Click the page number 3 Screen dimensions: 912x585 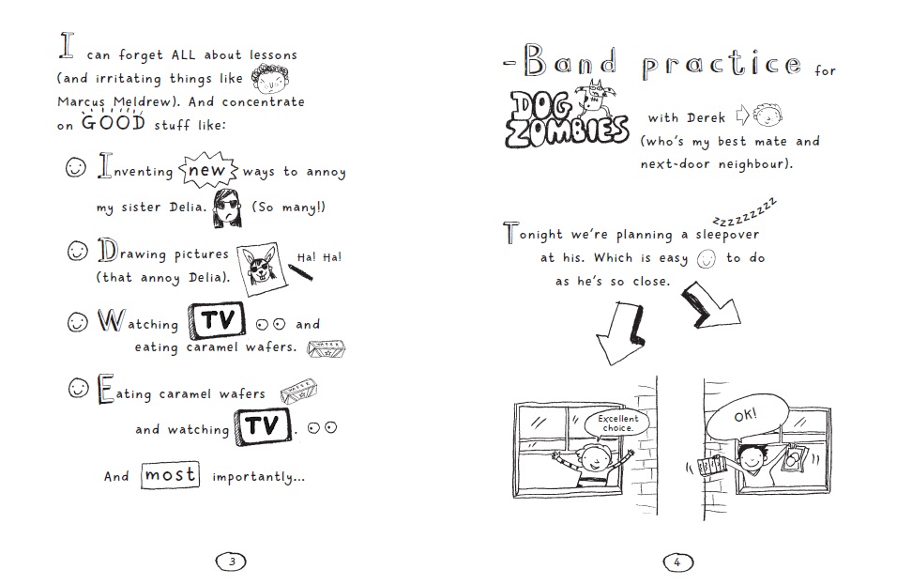pos(231,562)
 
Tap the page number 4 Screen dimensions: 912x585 pos(677,562)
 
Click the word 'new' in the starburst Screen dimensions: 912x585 pos(207,170)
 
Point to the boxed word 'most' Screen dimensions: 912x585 pos(171,475)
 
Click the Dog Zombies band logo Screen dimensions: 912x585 pos(566,116)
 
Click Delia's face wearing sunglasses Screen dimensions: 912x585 pos(227,208)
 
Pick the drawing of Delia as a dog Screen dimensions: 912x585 pos(263,269)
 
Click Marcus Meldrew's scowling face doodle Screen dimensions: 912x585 pos(270,79)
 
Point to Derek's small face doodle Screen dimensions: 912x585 pos(768,115)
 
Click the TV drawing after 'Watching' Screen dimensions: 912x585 pos(217,320)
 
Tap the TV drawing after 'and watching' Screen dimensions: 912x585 pos(263,426)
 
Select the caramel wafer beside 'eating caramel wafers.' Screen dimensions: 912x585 pos(326,348)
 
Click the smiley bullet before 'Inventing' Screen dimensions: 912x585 pos(76,168)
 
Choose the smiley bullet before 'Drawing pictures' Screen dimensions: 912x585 pos(77,251)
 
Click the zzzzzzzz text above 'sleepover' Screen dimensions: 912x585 pos(744,214)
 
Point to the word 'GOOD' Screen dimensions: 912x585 pos(113,123)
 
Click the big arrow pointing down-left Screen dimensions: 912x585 pos(620,332)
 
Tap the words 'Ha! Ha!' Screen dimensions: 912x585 pos(319,257)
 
